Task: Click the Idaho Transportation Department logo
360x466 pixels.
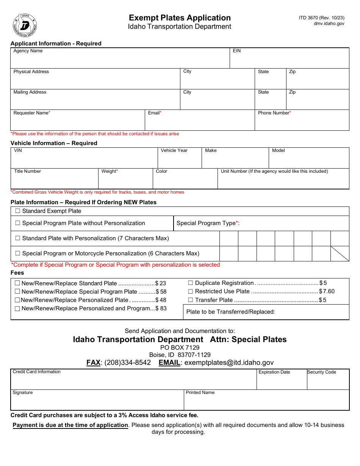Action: pyautogui.click(x=25, y=25)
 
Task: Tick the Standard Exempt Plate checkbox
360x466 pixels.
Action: pyautogui.click(x=17, y=211)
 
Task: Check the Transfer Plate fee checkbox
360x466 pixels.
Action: pyautogui.click(x=190, y=300)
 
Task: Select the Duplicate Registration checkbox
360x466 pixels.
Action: pyautogui.click(x=190, y=283)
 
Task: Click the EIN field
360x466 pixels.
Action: pyautogui.click(x=289, y=60)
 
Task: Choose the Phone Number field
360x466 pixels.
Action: pyautogui.click(x=302, y=122)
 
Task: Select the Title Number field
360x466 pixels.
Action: pyautogui.click(x=54, y=181)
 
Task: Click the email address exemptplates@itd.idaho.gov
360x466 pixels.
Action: pyautogui.click(x=229, y=363)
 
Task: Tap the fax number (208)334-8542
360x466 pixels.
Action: pyautogui.click(x=127, y=363)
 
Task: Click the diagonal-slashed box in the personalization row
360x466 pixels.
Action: pyautogui.click(x=340, y=253)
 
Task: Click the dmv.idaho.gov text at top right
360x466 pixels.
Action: pyautogui.click(x=329, y=23)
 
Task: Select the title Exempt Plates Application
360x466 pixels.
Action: pyautogui.click(x=180, y=18)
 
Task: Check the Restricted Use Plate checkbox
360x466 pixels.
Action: pyautogui.click(x=190, y=291)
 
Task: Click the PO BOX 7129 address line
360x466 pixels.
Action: pyautogui.click(x=180, y=347)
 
